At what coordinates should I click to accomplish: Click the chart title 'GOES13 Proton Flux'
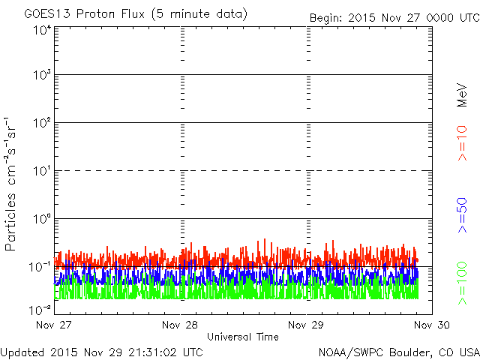pyautogui.click(x=85, y=14)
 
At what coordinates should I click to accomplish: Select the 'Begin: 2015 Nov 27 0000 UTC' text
pyautogui.click(x=395, y=18)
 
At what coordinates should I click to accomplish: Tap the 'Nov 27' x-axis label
pyautogui.click(x=54, y=325)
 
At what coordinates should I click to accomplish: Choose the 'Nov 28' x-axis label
pyautogui.click(x=180, y=325)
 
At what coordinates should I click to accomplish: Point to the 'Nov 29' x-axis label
pyautogui.click(x=306, y=325)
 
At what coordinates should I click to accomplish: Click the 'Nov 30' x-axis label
pyautogui.click(x=432, y=325)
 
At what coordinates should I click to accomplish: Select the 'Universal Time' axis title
pyautogui.click(x=243, y=337)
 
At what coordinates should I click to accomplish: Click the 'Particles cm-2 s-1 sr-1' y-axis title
pyautogui.click(x=10, y=184)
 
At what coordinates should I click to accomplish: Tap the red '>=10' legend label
pyautogui.click(x=462, y=143)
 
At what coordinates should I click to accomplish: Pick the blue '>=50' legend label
pyautogui.click(x=462, y=215)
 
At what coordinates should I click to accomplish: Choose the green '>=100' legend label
pyautogui.click(x=462, y=283)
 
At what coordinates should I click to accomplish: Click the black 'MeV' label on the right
pyautogui.click(x=462, y=95)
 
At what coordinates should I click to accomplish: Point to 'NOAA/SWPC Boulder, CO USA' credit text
pyautogui.click(x=399, y=352)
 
